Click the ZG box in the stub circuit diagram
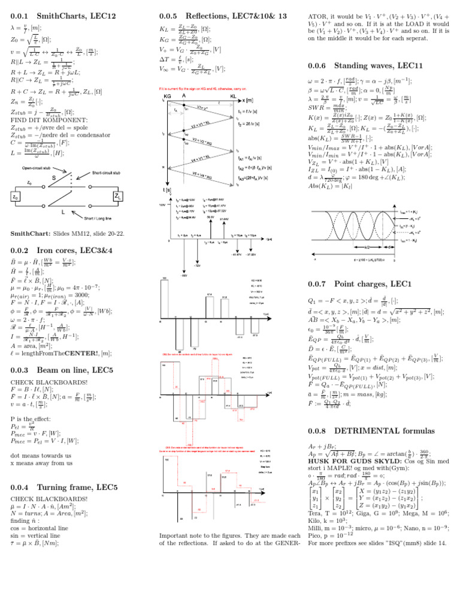pyautogui.click(x=16, y=196)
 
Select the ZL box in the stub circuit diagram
pyautogui.click(x=117, y=196)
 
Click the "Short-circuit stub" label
pyautogui.click(x=110, y=173)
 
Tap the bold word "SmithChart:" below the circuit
pyautogui.click(x=29, y=233)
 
